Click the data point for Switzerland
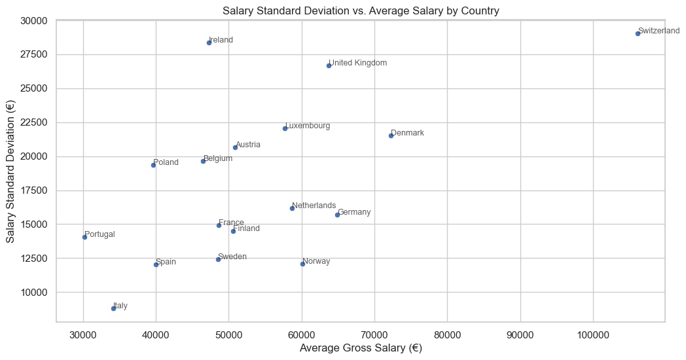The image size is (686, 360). [638, 33]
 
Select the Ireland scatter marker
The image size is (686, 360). [209, 43]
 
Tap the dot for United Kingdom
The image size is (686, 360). [329, 65]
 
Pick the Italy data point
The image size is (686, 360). [113, 308]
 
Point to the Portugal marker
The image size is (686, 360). [84, 237]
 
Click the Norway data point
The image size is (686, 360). [302, 264]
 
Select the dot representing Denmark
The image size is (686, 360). [391, 135]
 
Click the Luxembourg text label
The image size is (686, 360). [308, 126]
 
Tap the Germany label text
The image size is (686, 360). [354, 212]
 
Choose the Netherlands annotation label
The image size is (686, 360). [314, 206]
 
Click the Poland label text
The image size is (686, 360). [166, 162]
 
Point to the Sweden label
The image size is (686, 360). [232, 257]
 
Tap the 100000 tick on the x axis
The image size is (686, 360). [593, 333]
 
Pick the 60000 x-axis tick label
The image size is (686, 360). [302, 333]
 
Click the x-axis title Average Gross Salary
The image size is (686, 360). [361, 348]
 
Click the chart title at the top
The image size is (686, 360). [361, 10]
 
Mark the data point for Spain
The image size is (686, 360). [156, 264]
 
